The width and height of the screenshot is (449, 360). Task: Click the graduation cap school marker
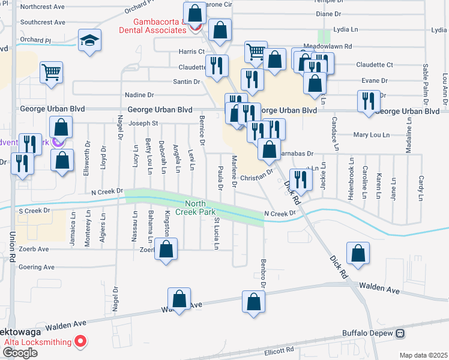coord(89,41)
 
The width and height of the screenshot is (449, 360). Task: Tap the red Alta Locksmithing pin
coord(80,342)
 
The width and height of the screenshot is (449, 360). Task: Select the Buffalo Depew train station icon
coord(399,333)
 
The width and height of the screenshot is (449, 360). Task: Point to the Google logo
coord(20,352)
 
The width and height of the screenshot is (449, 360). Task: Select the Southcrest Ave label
coord(42,22)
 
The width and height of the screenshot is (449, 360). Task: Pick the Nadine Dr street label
coord(139,95)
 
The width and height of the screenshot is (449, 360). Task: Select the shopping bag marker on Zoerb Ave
coord(166,249)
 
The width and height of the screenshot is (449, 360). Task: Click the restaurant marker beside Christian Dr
coord(300,179)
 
